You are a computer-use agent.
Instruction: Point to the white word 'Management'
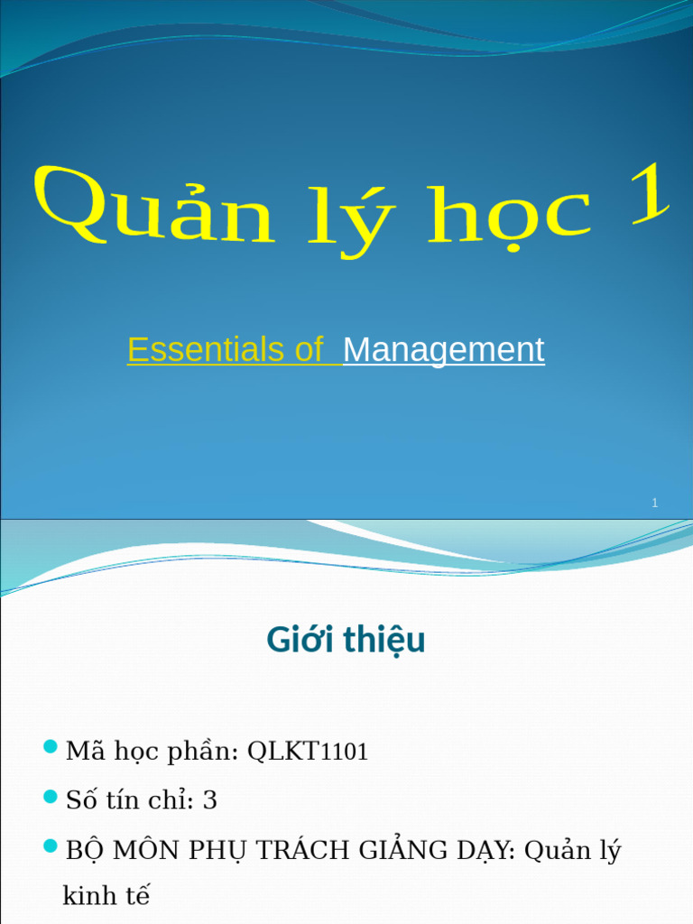tap(443, 350)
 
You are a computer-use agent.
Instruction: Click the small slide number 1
tap(655, 504)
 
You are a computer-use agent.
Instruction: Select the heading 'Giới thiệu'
tap(346, 640)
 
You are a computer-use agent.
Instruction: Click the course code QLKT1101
tap(308, 752)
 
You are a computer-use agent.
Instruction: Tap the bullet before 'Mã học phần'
tap(51, 747)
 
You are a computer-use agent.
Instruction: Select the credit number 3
tap(209, 800)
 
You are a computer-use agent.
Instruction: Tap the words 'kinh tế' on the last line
tap(106, 896)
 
